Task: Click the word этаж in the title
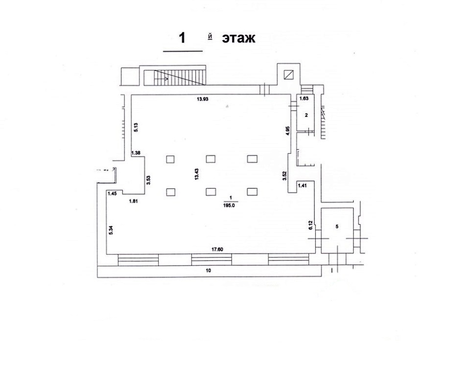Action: [238, 39]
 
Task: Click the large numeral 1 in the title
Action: [182, 38]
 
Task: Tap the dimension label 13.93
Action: [202, 99]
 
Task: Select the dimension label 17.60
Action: [217, 250]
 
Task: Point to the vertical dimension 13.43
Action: [197, 174]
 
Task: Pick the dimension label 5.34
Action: [111, 230]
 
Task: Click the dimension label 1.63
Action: [304, 98]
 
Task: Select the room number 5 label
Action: [337, 226]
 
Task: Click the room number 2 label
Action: [306, 115]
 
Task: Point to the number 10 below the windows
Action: [209, 270]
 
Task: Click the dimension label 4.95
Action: [288, 131]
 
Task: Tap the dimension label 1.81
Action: [133, 202]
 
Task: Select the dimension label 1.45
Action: [112, 193]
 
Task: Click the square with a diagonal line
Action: [289, 74]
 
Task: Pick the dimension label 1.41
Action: [303, 186]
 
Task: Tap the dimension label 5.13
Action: [136, 127]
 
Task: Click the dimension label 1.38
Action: [136, 153]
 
